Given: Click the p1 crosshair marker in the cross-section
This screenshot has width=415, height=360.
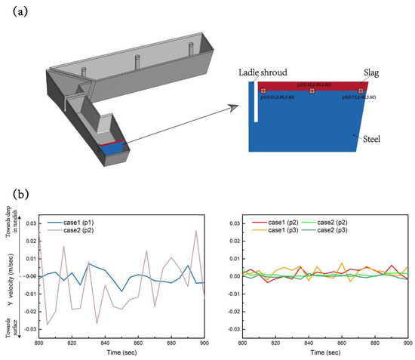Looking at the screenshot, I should click(x=263, y=91).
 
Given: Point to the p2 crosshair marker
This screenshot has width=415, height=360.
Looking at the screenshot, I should click(x=312, y=91).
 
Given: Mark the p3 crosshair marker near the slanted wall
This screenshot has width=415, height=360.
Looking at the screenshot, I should click(x=361, y=91).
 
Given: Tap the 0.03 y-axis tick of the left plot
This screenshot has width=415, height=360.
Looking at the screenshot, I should click(x=30, y=223).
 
